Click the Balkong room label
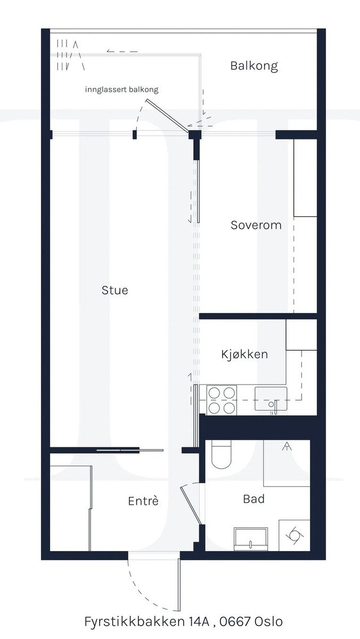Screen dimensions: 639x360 pyautogui.click(x=254, y=66)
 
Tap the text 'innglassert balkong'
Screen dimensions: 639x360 pyautogui.click(x=121, y=89)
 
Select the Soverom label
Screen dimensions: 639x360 pyautogui.click(x=256, y=225)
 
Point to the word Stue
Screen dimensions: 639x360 pyautogui.click(x=115, y=290)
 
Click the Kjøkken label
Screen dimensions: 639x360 pyautogui.click(x=244, y=354)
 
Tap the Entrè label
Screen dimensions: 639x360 pyautogui.click(x=143, y=501)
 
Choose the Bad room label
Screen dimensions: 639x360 pyautogui.click(x=253, y=499)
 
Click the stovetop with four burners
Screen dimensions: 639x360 pyautogui.click(x=222, y=400)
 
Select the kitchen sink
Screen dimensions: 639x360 pyautogui.click(x=271, y=399)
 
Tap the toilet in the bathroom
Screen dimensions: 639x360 pyautogui.click(x=220, y=456)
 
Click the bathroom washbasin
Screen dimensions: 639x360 pyautogui.click(x=251, y=538)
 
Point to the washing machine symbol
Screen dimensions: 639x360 pyautogui.click(x=294, y=535)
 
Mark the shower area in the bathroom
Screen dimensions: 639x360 pyautogui.click(x=287, y=463)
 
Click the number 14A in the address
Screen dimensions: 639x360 pyautogui.click(x=200, y=621)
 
